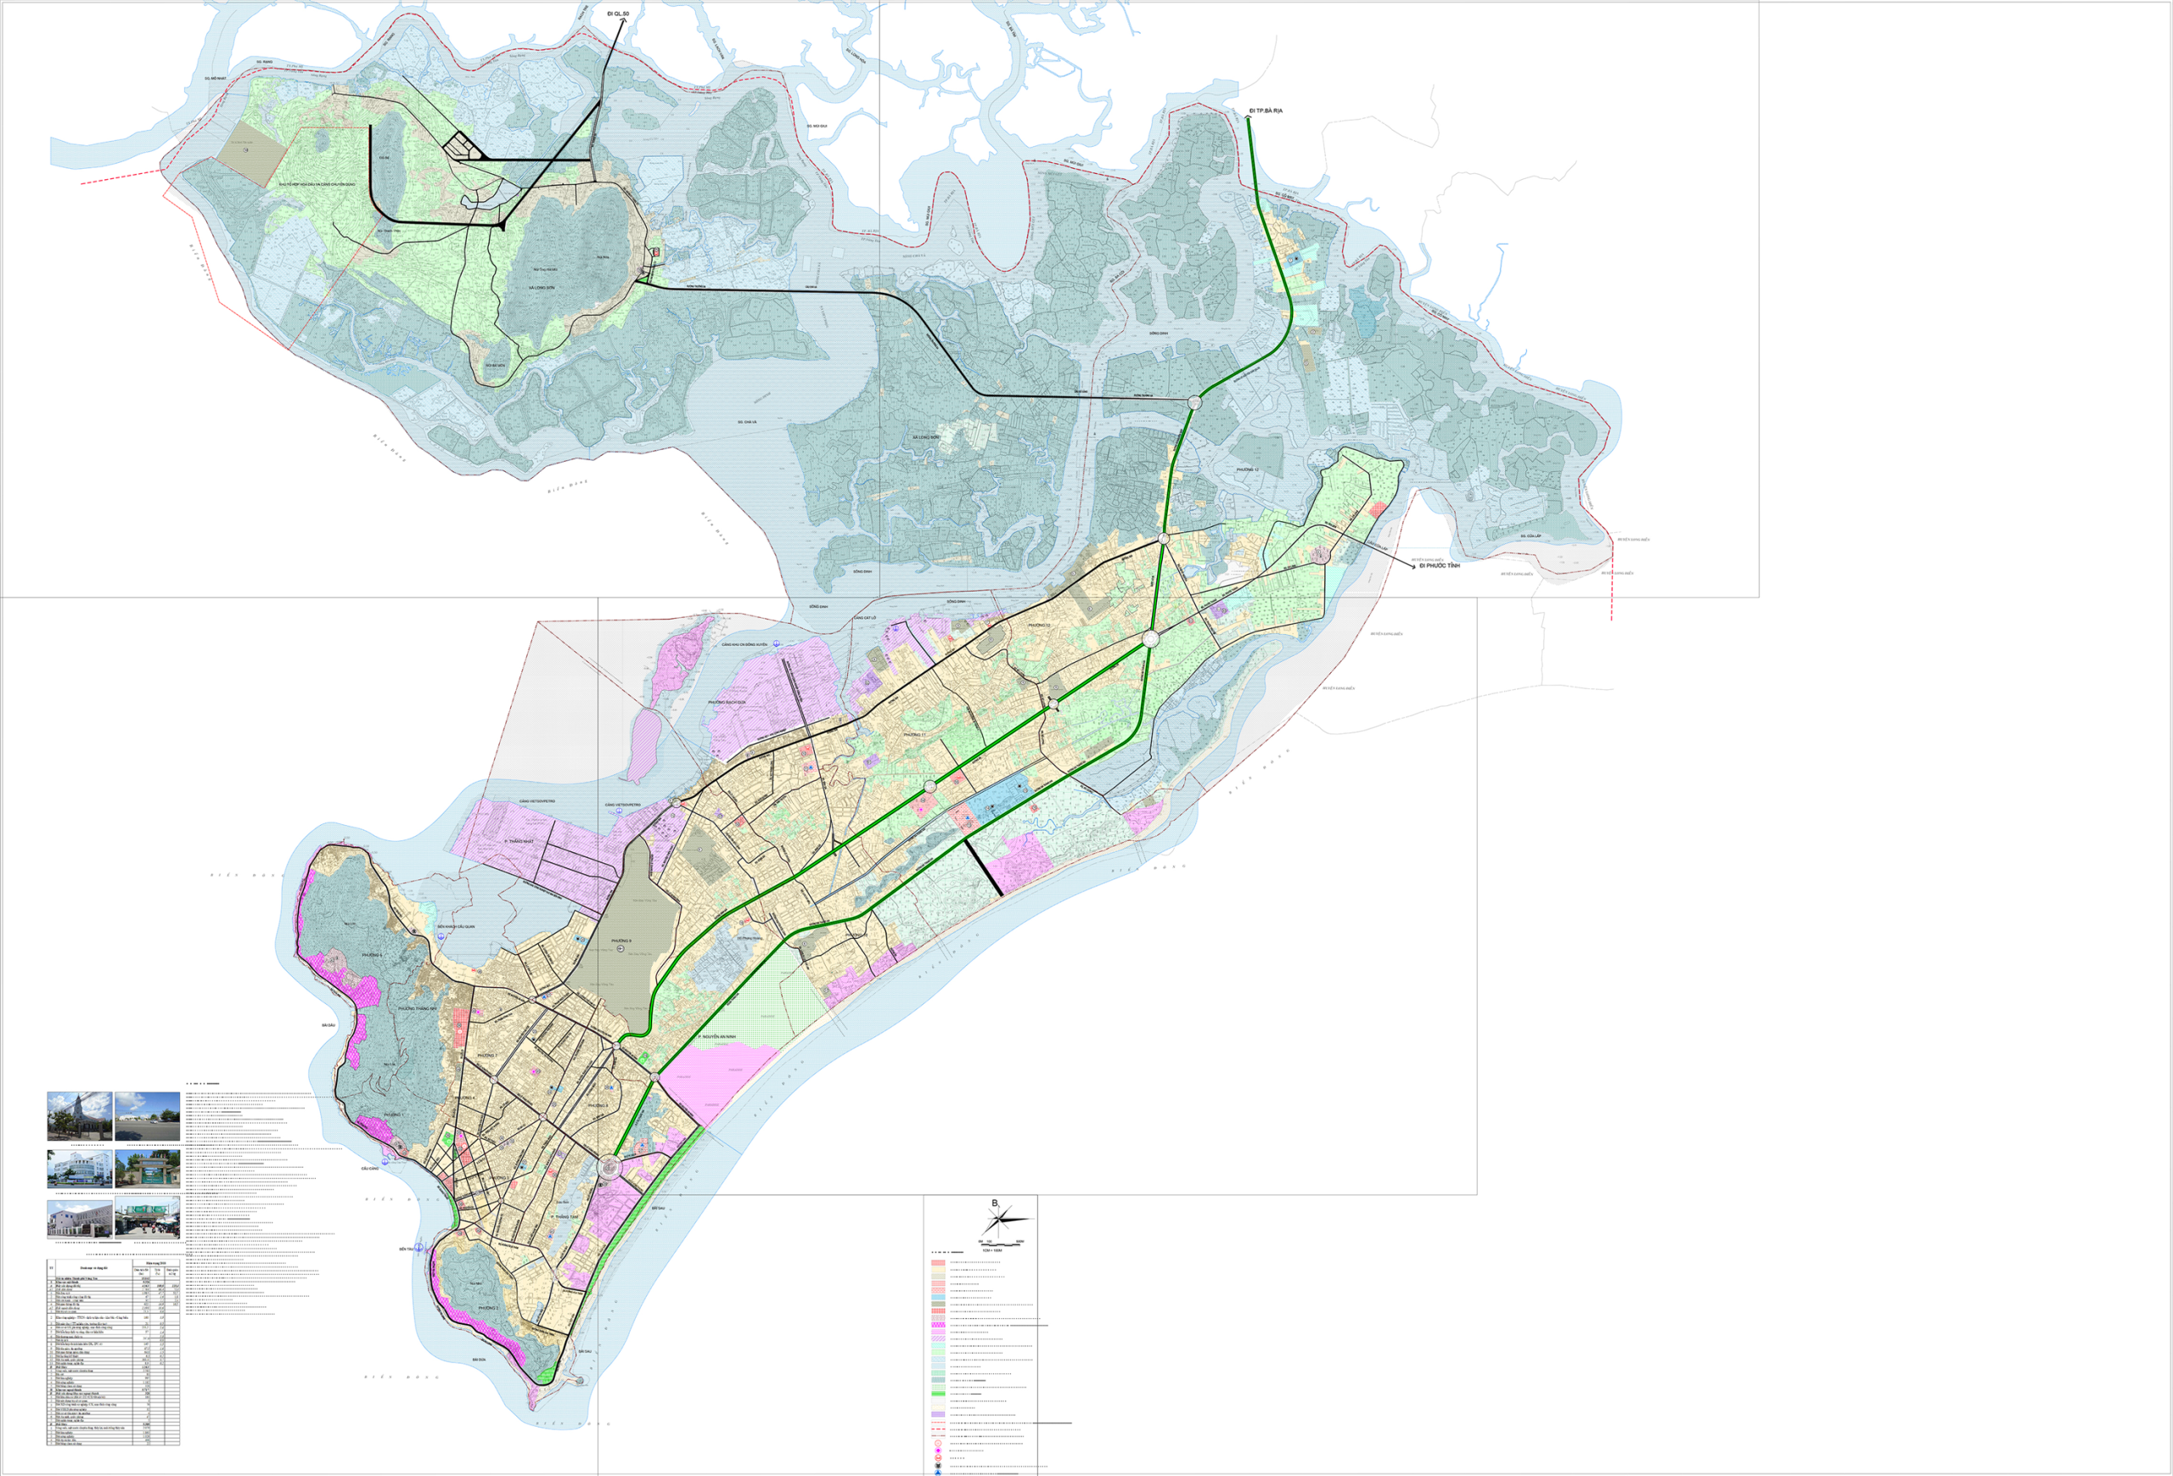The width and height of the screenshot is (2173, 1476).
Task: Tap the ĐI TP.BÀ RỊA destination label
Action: [x=1266, y=110]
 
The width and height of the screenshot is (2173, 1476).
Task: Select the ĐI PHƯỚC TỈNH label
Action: [x=1439, y=565]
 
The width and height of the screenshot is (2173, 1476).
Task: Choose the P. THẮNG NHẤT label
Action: [x=518, y=841]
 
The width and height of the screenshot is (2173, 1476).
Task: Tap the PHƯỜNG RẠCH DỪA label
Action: [x=727, y=701]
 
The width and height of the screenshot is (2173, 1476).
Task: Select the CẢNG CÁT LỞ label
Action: [x=865, y=618]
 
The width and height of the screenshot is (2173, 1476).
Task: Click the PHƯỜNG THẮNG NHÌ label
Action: [x=417, y=1008]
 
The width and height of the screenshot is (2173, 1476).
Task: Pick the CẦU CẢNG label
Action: [x=370, y=1169]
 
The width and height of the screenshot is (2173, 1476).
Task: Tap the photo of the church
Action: [x=80, y=1115]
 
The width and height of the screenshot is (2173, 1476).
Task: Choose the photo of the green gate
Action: [x=147, y=1169]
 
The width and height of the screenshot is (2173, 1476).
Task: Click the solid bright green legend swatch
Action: [x=938, y=1393]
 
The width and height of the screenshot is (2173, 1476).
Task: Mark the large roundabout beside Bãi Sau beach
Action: [x=609, y=1166]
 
